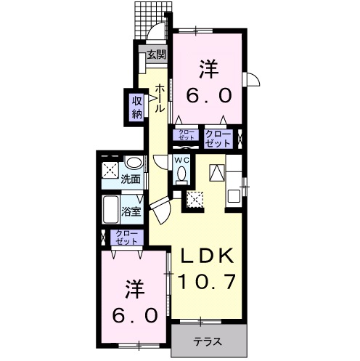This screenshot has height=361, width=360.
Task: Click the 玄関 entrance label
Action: (156, 54)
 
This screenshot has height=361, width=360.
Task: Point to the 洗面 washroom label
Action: (131, 179)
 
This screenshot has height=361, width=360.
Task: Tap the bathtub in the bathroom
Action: (111, 210)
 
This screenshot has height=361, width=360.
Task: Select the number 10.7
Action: (206, 280)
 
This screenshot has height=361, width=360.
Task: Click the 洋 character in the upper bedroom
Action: (208, 70)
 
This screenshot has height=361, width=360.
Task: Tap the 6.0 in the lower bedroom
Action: (134, 316)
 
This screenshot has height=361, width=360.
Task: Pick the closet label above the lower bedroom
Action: (126, 238)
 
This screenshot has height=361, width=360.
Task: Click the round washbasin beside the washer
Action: (133, 163)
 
